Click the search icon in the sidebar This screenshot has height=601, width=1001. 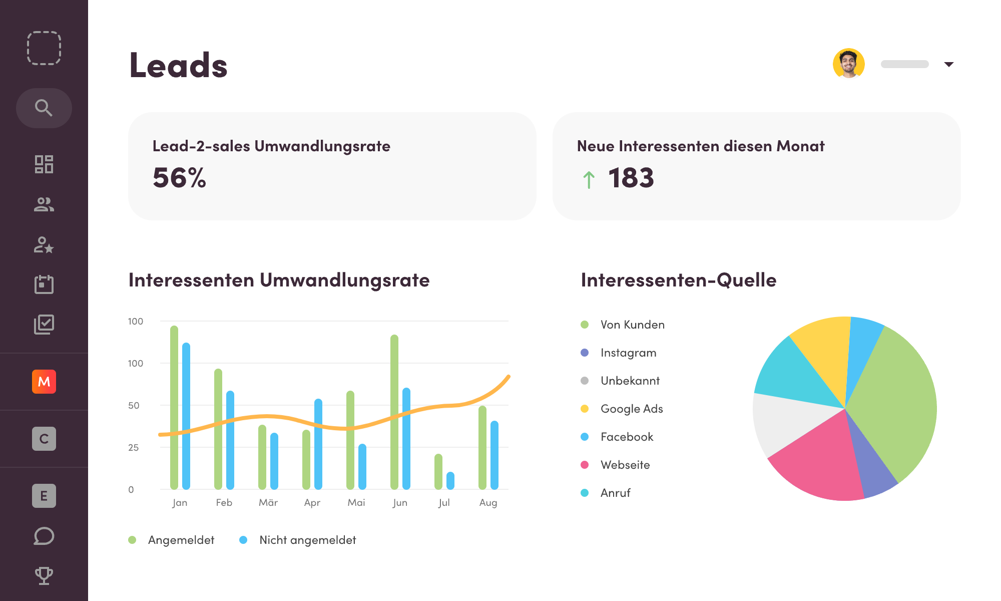[44, 108]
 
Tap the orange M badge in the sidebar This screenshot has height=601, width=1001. [44, 382]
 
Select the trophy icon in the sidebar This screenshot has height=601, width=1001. [44, 575]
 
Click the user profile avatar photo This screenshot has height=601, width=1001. [849, 64]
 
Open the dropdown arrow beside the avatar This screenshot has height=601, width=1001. [948, 64]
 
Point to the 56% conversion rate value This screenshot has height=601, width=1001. [179, 178]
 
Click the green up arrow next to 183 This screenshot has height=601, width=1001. [589, 180]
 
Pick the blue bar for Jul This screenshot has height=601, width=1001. [450, 481]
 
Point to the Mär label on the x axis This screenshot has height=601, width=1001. [268, 502]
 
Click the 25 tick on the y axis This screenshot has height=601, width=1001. [133, 447]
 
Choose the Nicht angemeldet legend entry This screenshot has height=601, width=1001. [307, 540]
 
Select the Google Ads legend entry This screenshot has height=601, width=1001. [632, 409]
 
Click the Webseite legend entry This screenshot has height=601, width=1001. [625, 465]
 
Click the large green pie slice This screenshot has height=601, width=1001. [896, 401]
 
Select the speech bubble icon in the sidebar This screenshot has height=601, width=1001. [44, 536]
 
